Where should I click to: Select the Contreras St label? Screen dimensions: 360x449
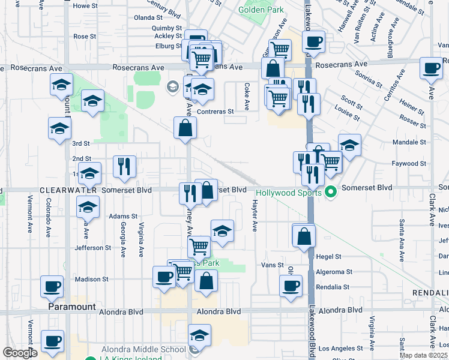[214, 112]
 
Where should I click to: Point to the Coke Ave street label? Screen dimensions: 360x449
[247, 97]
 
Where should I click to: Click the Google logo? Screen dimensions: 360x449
[20, 353]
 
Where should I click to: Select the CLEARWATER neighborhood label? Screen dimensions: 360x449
[68, 190]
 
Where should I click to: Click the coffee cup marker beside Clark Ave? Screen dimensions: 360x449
[431, 68]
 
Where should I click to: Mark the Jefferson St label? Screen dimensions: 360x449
[93, 247]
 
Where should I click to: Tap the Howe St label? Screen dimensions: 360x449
[85, 6]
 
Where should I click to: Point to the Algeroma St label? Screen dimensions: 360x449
[333, 272]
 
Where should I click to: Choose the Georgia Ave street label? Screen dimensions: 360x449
[123, 238]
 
